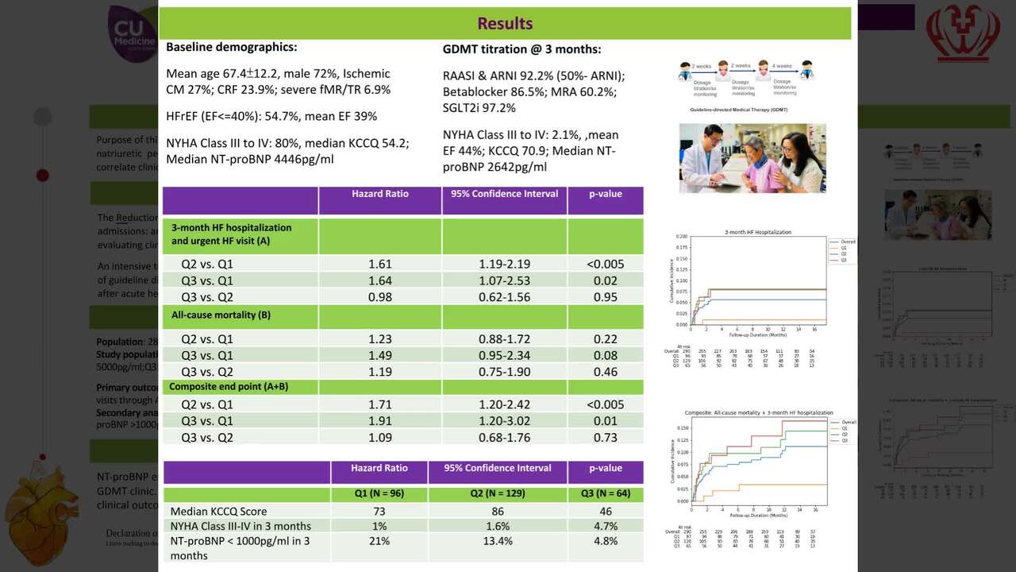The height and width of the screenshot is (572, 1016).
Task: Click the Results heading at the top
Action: tap(505, 23)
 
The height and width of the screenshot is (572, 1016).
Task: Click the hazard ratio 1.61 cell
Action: tap(379, 264)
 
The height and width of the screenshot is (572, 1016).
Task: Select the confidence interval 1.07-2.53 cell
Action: tap(504, 280)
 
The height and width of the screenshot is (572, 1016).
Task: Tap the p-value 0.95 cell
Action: tap(606, 297)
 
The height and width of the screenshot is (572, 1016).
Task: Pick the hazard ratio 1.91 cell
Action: tap(379, 421)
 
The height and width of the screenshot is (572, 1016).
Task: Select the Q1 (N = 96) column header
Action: tap(379, 493)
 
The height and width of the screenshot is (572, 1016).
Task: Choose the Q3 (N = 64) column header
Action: tap(606, 493)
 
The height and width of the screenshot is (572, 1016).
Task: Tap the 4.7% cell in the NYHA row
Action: tap(606, 526)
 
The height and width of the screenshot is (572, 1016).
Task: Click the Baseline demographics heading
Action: tap(231, 48)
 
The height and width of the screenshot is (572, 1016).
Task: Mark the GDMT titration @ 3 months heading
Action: tap(521, 49)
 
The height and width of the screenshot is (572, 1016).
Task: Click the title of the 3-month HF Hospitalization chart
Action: tap(758, 232)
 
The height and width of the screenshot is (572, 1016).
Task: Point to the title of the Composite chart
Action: tap(759, 413)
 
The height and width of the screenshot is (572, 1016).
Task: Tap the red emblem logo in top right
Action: tap(963, 33)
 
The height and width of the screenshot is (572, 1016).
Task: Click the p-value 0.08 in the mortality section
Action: tap(606, 355)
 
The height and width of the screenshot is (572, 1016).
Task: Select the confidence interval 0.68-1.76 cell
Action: tap(504, 438)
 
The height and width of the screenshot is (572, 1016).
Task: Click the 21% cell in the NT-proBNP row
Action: tap(379, 541)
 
